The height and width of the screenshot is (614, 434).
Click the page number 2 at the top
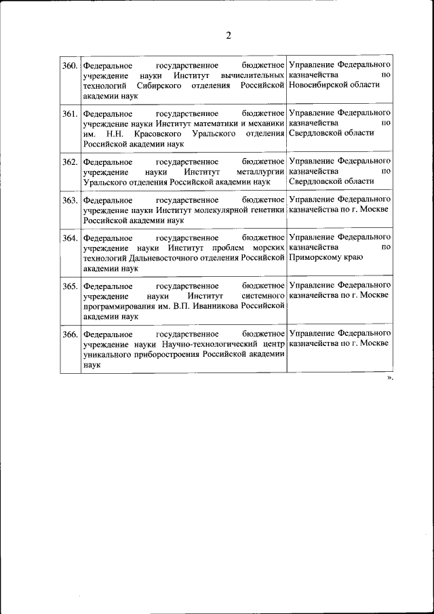[229, 36]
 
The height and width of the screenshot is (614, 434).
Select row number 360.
[70, 66]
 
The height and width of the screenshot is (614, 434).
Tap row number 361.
[70, 113]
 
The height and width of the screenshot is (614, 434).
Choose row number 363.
[70, 200]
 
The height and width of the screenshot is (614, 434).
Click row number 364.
[70, 238]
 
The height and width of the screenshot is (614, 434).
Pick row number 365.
[70, 286]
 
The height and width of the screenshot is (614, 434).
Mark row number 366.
[70, 334]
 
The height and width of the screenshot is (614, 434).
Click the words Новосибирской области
[334, 85]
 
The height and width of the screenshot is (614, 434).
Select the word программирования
[115, 306]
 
